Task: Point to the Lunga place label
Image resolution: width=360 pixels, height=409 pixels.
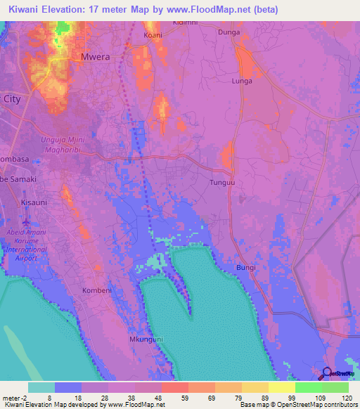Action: (x=241, y=82)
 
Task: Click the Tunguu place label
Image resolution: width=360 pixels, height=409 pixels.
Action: (x=221, y=183)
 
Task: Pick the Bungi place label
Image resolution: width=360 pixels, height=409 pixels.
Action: (x=245, y=268)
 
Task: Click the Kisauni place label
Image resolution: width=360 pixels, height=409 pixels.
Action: (x=33, y=202)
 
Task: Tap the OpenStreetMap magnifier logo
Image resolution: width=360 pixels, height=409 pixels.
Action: (x=327, y=374)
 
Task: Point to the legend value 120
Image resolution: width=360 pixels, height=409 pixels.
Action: (x=347, y=398)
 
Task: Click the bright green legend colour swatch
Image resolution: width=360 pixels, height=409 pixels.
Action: (x=309, y=387)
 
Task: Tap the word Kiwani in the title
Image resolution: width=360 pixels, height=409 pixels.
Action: (x=29, y=10)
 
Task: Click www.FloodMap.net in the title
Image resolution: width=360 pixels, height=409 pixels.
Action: (x=217, y=10)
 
